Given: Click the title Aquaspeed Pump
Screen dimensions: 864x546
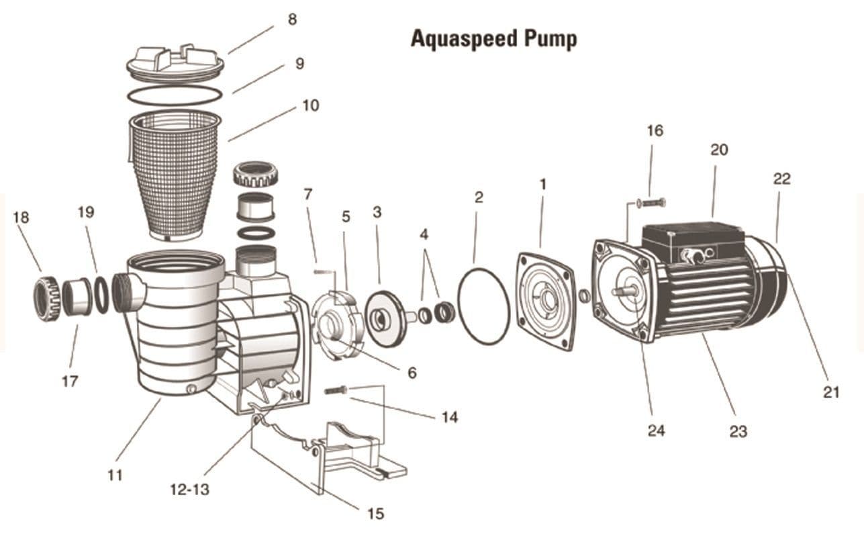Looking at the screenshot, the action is [x=493, y=39].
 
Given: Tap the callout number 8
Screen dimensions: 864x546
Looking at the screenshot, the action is [x=292, y=19].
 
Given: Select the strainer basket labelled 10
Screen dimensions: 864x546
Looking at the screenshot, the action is [x=175, y=175].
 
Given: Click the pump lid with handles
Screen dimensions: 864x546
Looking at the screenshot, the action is [x=175, y=64].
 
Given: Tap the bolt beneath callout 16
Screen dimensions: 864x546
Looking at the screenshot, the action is [x=651, y=202].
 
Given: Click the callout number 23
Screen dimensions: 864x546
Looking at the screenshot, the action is [x=738, y=432].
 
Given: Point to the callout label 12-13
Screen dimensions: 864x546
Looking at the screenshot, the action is [x=189, y=490].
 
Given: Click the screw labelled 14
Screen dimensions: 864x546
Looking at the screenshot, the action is [x=336, y=390].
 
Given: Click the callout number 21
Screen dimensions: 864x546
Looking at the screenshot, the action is [x=831, y=393].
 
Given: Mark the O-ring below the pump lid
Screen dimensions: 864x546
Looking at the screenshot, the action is [x=175, y=95].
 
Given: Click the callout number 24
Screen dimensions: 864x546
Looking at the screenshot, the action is [x=656, y=430].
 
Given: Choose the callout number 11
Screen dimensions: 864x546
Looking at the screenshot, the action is [x=115, y=475].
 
